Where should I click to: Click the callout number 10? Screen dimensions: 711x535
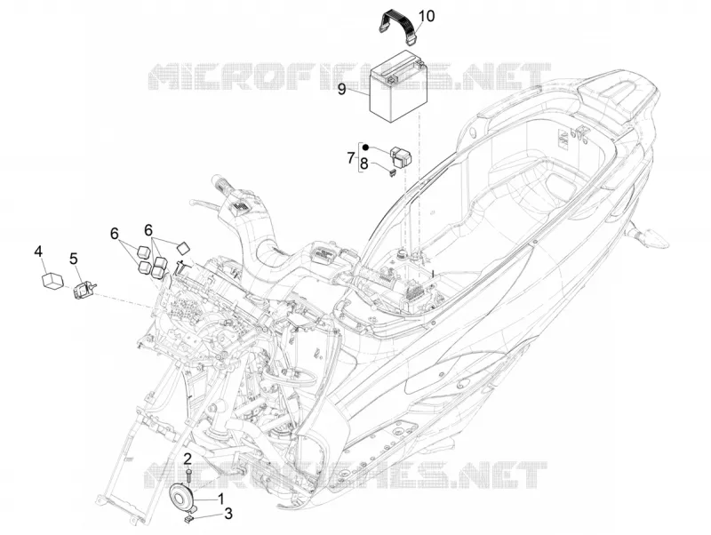pos(426,16)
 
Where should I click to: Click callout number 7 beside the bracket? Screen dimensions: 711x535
pos(350,158)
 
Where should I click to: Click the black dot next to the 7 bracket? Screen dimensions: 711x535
pos(365,148)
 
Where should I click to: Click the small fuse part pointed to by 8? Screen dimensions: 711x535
pos(393,172)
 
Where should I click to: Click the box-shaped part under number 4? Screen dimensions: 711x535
pos(52,280)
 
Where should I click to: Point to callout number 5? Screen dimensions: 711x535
pos(74,259)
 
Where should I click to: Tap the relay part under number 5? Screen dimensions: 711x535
pos(84,291)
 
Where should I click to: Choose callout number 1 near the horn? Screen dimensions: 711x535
pos(221,499)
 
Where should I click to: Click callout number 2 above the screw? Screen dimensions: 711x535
pos(188,459)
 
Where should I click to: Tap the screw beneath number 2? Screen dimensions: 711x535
pos(188,477)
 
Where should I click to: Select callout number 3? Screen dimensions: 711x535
pos(228,514)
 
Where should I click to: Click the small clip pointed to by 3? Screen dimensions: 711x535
pos(189,519)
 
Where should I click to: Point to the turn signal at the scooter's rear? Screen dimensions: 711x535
pos(649,237)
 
